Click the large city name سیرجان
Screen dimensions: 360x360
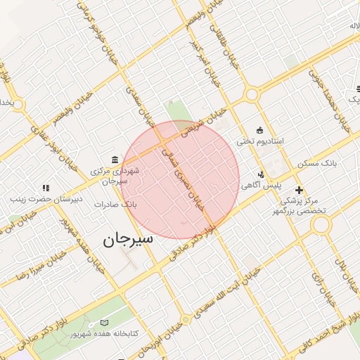(127, 240)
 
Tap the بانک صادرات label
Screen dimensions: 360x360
(118, 205)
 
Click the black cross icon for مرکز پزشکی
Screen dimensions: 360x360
(299, 190)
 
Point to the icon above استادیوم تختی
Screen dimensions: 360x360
(260, 130)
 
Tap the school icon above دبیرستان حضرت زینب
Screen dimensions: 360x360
(46, 188)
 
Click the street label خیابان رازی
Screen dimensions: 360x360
(328, 288)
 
